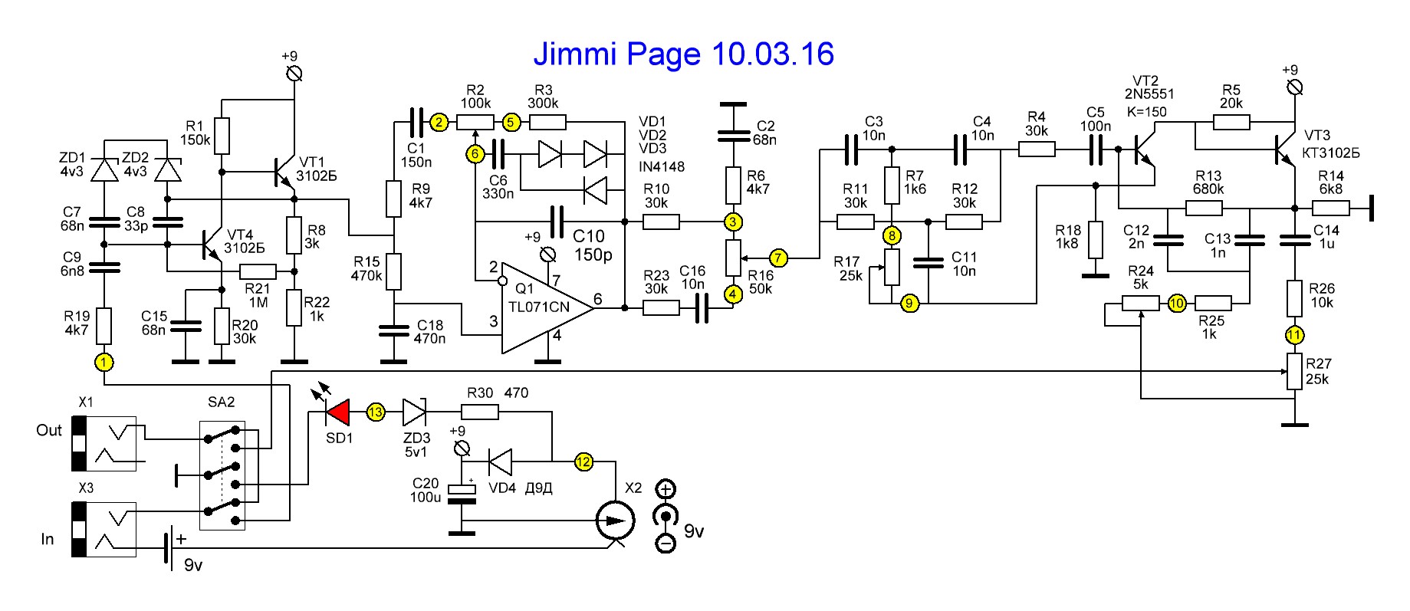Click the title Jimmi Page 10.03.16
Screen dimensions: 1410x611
tap(683, 54)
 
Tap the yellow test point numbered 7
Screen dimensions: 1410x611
tap(777, 258)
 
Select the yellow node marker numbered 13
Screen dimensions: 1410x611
tap(375, 412)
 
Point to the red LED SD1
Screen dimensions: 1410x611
tap(337, 412)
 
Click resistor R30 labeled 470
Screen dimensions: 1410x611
tap(480, 412)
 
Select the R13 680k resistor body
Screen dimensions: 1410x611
tap(1203, 208)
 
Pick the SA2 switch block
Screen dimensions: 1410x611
tap(222, 475)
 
